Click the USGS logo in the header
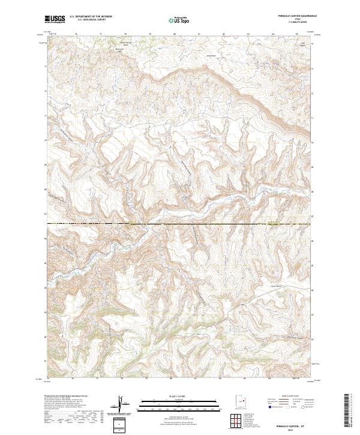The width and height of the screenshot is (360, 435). click(x=55, y=20)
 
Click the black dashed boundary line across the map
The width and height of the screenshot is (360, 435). click(x=180, y=224)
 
